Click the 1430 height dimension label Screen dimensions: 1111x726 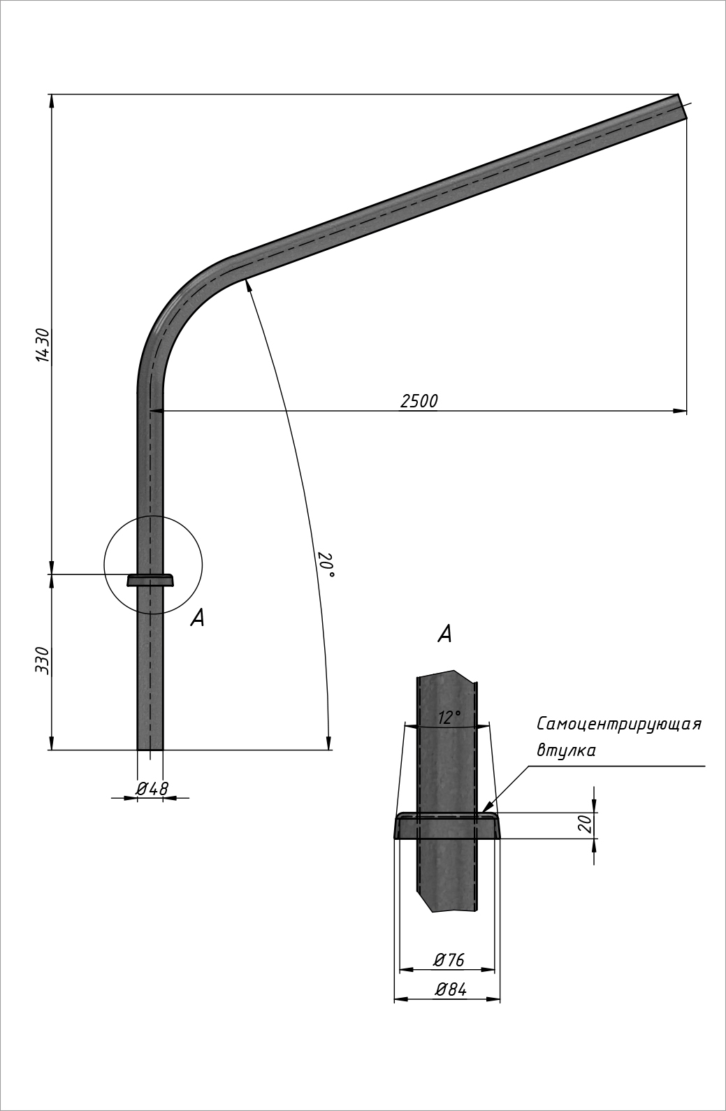coord(43,344)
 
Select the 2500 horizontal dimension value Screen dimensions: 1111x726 coord(419,401)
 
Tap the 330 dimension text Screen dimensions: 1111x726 coord(43,660)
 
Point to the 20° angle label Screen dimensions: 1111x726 coord(326,565)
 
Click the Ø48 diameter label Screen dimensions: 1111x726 coord(152,788)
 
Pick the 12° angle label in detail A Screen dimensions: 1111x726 coord(449,718)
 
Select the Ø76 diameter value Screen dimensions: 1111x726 coord(449,960)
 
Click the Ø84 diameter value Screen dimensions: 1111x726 coord(450,990)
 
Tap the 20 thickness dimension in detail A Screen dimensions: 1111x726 coord(586,825)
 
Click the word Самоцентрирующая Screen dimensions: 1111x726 coord(618,724)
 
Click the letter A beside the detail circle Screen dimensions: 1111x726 coord(198,618)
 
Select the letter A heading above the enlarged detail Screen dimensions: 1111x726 coord(444,634)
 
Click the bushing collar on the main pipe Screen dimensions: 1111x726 coord(150,580)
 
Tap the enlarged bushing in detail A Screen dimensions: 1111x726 coord(447,826)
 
